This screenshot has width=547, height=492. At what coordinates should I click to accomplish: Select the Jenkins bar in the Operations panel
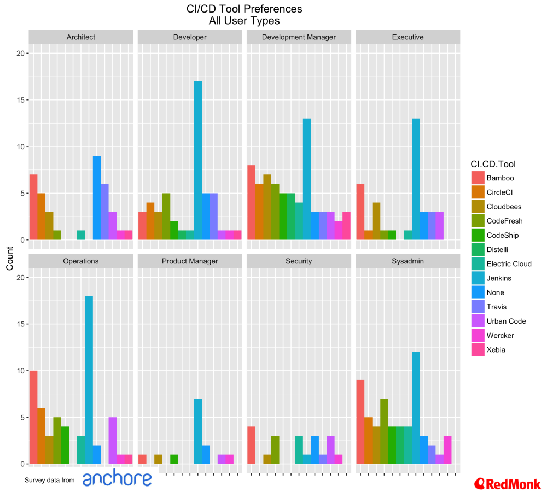tap(89, 380)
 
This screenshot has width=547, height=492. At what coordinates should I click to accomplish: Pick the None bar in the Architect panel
tap(96, 198)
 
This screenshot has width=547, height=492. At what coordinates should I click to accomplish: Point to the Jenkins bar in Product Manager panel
tap(198, 431)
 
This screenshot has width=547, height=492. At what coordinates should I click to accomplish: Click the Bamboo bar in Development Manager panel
tap(251, 202)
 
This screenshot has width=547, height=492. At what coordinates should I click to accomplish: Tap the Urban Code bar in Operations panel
tap(112, 441)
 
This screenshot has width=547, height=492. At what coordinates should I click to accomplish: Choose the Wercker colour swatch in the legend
tap(479, 335)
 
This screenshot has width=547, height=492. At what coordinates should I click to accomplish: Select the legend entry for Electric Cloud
tap(509, 264)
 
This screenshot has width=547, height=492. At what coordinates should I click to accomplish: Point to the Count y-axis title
tap(10, 259)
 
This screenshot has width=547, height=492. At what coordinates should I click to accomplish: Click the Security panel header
tap(299, 261)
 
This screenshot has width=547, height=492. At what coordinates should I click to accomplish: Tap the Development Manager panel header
tap(299, 37)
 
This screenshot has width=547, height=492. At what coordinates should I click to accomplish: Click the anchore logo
tap(117, 479)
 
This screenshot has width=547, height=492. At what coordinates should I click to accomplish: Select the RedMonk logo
tap(508, 483)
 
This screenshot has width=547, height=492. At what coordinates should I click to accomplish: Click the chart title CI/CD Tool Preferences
tap(244, 9)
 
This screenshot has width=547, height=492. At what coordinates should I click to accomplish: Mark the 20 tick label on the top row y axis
tap(19, 54)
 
